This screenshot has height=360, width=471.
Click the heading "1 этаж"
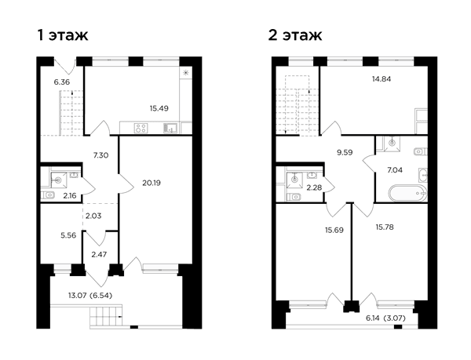coord(63,35)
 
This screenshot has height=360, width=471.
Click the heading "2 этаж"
coord(295,35)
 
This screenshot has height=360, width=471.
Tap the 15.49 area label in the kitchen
coord(159,108)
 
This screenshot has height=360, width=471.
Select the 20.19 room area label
coord(152,183)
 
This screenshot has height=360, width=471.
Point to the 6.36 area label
coord(62,82)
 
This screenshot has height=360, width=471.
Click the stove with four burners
coord(141,128)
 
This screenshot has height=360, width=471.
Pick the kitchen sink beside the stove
coord(170,128)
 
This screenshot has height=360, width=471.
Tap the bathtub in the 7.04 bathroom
coord(407,193)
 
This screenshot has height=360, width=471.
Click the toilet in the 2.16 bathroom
coord(48,195)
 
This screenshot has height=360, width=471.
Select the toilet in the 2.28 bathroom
coord(294,197)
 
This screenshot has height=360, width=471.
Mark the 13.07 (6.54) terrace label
coord(90,296)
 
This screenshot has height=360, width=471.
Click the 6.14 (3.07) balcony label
coord(385,318)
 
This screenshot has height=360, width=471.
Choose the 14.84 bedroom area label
coord(382,79)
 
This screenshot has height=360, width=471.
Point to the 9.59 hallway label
coord(345,152)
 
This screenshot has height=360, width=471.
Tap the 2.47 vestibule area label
coord(99,254)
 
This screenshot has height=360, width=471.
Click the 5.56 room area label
coord(68,235)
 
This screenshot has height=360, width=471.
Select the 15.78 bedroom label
coord(385,227)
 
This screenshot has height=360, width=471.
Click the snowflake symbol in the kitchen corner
coord(186,72)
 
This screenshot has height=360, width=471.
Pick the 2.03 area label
coord(93,216)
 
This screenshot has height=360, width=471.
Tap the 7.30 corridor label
coord(100,155)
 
